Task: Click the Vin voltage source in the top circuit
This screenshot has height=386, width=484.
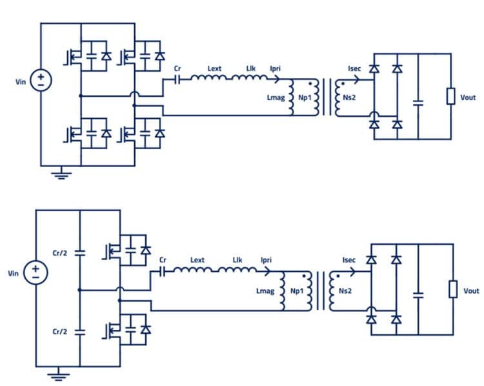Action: click(41, 80)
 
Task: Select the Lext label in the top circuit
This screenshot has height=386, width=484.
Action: click(216, 67)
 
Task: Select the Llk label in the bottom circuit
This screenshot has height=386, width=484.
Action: click(237, 260)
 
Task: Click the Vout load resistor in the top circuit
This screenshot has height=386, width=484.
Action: click(450, 97)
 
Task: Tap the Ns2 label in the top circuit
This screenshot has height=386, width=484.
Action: click(346, 98)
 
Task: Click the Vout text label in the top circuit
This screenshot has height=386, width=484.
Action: click(469, 97)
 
